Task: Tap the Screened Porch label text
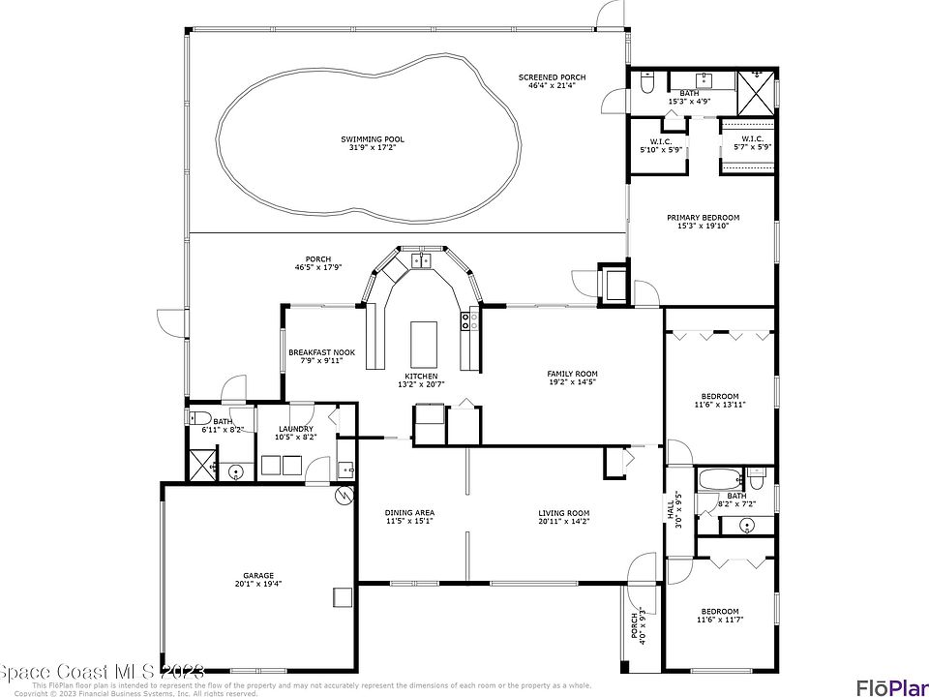pos(552,77)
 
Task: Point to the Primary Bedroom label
pos(703,218)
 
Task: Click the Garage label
pos(258,574)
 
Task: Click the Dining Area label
pos(409,513)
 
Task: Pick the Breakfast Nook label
pos(321,352)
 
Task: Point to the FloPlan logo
pos(890,686)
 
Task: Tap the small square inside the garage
pos(341,596)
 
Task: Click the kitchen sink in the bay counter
pos(423,259)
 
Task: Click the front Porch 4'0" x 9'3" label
pos(637,626)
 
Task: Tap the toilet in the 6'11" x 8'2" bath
pos(200,419)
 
